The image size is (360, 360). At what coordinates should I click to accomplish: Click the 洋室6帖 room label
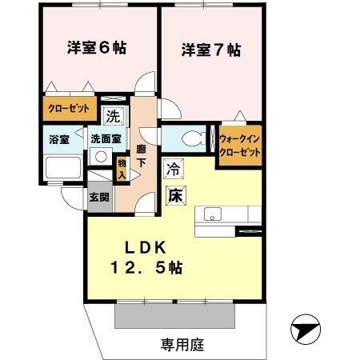(x=95, y=47)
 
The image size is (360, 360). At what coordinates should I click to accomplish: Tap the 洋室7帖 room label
(x=211, y=50)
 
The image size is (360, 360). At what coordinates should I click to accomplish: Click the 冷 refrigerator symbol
(x=173, y=169)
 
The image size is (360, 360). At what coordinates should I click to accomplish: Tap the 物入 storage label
(x=122, y=168)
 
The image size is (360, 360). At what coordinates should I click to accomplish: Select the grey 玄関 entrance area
(x=100, y=197)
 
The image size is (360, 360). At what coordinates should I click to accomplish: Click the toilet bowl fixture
(x=190, y=138)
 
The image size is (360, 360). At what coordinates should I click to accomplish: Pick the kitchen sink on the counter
(x=213, y=214)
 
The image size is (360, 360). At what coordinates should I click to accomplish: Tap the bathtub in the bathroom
(x=62, y=168)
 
